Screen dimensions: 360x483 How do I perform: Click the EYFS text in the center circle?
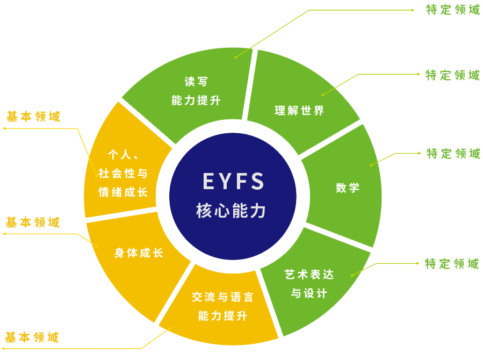[233, 182]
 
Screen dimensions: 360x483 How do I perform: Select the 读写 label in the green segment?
[196, 82]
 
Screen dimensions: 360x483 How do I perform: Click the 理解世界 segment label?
[299, 111]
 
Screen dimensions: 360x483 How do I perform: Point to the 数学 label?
[348, 188]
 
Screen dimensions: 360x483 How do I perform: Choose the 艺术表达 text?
[309, 275]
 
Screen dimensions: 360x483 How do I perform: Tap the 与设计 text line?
[309, 294]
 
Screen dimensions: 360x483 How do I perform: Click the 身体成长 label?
[139, 253]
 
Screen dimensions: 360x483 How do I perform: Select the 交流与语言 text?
[222, 297]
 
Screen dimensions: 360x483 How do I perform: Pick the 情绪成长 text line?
[123, 192]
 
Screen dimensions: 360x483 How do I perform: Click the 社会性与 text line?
[123, 174]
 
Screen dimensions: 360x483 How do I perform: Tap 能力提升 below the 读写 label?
[196, 100]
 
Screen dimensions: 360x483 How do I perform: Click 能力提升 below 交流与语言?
[222, 316]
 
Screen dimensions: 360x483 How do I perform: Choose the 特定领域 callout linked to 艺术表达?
[452, 264]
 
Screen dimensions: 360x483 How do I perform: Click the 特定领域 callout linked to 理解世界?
[453, 75]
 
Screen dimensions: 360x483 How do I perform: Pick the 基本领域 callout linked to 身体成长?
[33, 222]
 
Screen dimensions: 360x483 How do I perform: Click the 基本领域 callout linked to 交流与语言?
[32, 338]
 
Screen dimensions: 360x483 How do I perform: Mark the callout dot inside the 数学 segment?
[370, 164]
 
